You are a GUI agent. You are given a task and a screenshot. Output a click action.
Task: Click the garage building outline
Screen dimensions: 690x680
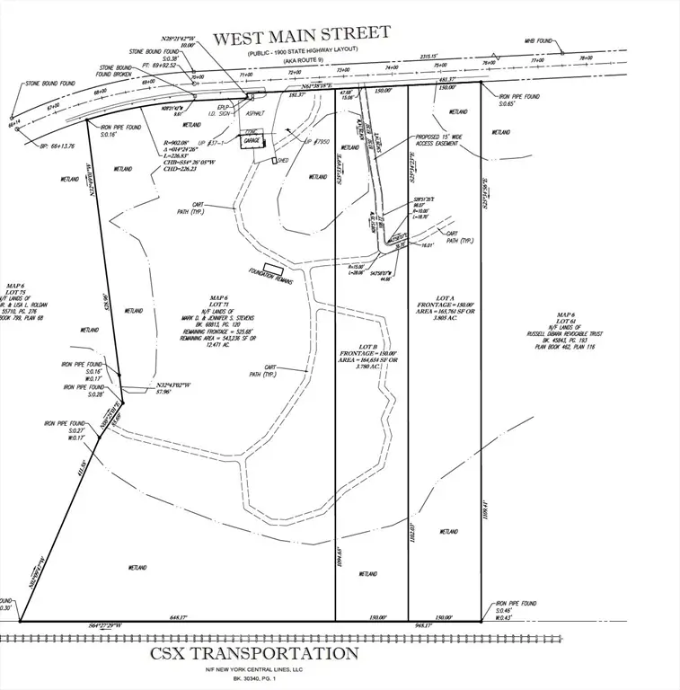pyautogui.click(x=252, y=141)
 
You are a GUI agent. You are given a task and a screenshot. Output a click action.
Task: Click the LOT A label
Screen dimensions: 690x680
pyautogui.click(x=443, y=294)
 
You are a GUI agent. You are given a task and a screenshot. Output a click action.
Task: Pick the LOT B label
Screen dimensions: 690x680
pyautogui.click(x=367, y=346)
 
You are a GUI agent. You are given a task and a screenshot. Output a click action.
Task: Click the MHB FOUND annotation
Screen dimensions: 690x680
pyautogui.click(x=539, y=41)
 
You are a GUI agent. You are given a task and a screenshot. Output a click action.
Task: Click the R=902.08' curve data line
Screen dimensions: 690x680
pyautogui.click(x=181, y=143)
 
